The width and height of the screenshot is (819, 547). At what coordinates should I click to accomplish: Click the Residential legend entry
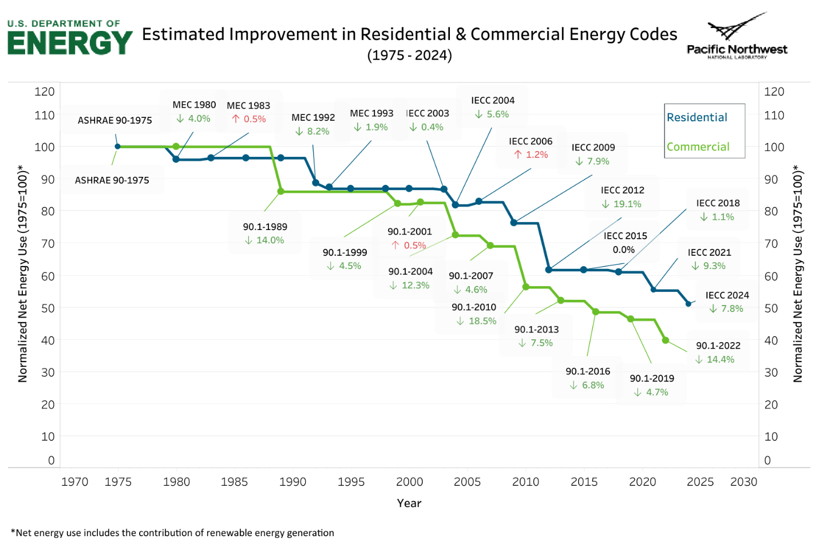tap(697, 117)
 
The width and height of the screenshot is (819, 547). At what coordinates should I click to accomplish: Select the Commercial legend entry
tap(698, 147)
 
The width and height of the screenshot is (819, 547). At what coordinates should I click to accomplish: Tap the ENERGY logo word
tap(70, 43)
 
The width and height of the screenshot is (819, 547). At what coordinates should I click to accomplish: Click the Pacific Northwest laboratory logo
tap(737, 37)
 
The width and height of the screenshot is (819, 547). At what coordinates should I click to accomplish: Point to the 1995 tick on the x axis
tap(351, 482)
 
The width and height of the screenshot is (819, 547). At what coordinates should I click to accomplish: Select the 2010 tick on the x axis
tap(525, 482)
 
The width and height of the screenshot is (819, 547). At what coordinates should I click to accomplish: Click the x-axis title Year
tap(409, 503)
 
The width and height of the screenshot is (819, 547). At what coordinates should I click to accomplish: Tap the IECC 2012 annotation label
tap(622, 190)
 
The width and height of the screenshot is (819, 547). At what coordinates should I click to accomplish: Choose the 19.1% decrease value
tap(622, 204)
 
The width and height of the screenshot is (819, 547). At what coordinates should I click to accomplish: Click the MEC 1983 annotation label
tap(248, 105)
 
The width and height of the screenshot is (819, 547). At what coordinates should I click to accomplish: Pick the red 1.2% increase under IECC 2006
tap(531, 154)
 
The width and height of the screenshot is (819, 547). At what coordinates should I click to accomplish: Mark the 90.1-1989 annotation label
tap(265, 227)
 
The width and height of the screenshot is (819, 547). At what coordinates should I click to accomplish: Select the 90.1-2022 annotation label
tap(718, 346)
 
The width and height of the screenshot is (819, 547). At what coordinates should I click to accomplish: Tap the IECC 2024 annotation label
tap(727, 295)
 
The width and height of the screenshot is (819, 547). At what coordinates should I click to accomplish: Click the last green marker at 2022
tap(666, 340)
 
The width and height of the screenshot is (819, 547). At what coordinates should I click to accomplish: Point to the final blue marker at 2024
tap(689, 304)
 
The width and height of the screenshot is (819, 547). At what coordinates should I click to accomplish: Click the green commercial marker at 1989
tap(280, 192)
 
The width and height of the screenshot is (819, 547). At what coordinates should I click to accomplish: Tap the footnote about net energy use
tap(172, 533)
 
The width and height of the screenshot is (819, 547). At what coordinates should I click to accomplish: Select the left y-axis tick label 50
tap(48, 308)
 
